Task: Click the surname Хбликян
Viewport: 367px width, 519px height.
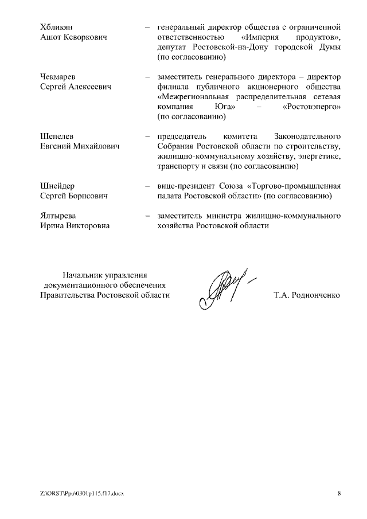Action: tap(57, 27)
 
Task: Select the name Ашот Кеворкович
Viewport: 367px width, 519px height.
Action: tap(74, 37)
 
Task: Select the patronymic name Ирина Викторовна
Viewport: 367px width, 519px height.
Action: tap(75, 226)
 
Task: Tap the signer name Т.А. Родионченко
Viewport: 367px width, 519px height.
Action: tap(307, 295)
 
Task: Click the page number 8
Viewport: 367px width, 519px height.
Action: tap(338, 493)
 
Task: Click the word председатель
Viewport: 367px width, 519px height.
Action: tap(182, 136)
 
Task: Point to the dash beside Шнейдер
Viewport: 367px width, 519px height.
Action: tap(148, 186)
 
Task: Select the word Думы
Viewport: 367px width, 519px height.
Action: tap(330, 47)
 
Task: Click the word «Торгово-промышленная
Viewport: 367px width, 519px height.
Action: tap(294, 186)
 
